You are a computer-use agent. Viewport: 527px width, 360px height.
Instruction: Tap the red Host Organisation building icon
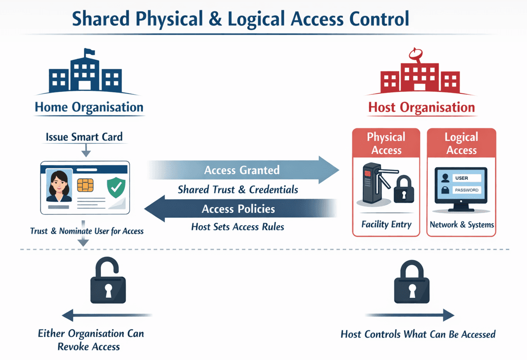pos(421,77)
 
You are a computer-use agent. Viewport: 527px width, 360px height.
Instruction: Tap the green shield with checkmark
pos(116,188)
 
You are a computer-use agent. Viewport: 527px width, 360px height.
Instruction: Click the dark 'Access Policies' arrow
pos(240,209)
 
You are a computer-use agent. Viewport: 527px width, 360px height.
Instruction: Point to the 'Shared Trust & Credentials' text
pos(238,190)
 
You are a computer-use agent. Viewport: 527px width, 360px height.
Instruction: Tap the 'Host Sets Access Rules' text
pos(238,227)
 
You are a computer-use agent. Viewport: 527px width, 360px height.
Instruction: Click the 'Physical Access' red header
pos(386,143)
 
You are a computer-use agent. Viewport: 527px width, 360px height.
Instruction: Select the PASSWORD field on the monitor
pos(467,190)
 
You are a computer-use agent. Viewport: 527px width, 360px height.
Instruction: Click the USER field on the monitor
pos(467,178)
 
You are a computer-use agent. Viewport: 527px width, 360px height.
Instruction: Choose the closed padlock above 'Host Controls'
pos(411,283)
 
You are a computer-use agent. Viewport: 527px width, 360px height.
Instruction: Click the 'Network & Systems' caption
pos(462,225)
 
